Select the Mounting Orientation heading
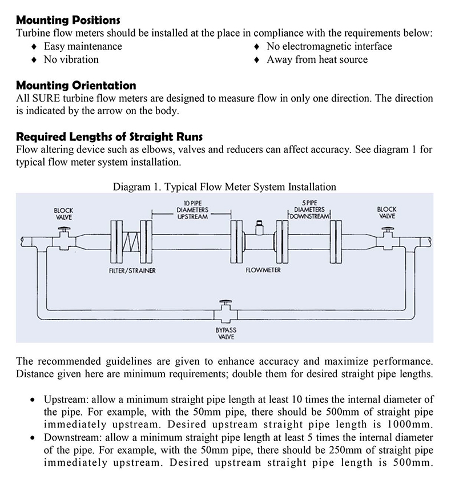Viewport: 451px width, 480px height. click(x=76, y=86)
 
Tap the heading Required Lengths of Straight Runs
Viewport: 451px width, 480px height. click(x=109, y=137)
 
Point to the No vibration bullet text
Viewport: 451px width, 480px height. click(x=71, y=59)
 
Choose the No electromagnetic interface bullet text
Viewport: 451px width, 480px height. click(x=329, y=46)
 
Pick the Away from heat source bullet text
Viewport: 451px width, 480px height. click(x=317, y=59)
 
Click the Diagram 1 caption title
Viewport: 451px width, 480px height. click(x=224, y=187)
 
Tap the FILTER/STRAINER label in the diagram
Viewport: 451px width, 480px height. click(x=132, y=270)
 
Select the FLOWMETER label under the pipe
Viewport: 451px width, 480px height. click(x=263, y=270)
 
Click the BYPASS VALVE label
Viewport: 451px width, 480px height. click(x=226, y=333)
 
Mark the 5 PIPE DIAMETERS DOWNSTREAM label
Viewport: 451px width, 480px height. click(x=309, y=209)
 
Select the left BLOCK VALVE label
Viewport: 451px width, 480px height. click(x=63, y=213)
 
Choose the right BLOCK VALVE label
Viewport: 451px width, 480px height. click(x=387, y=213)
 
